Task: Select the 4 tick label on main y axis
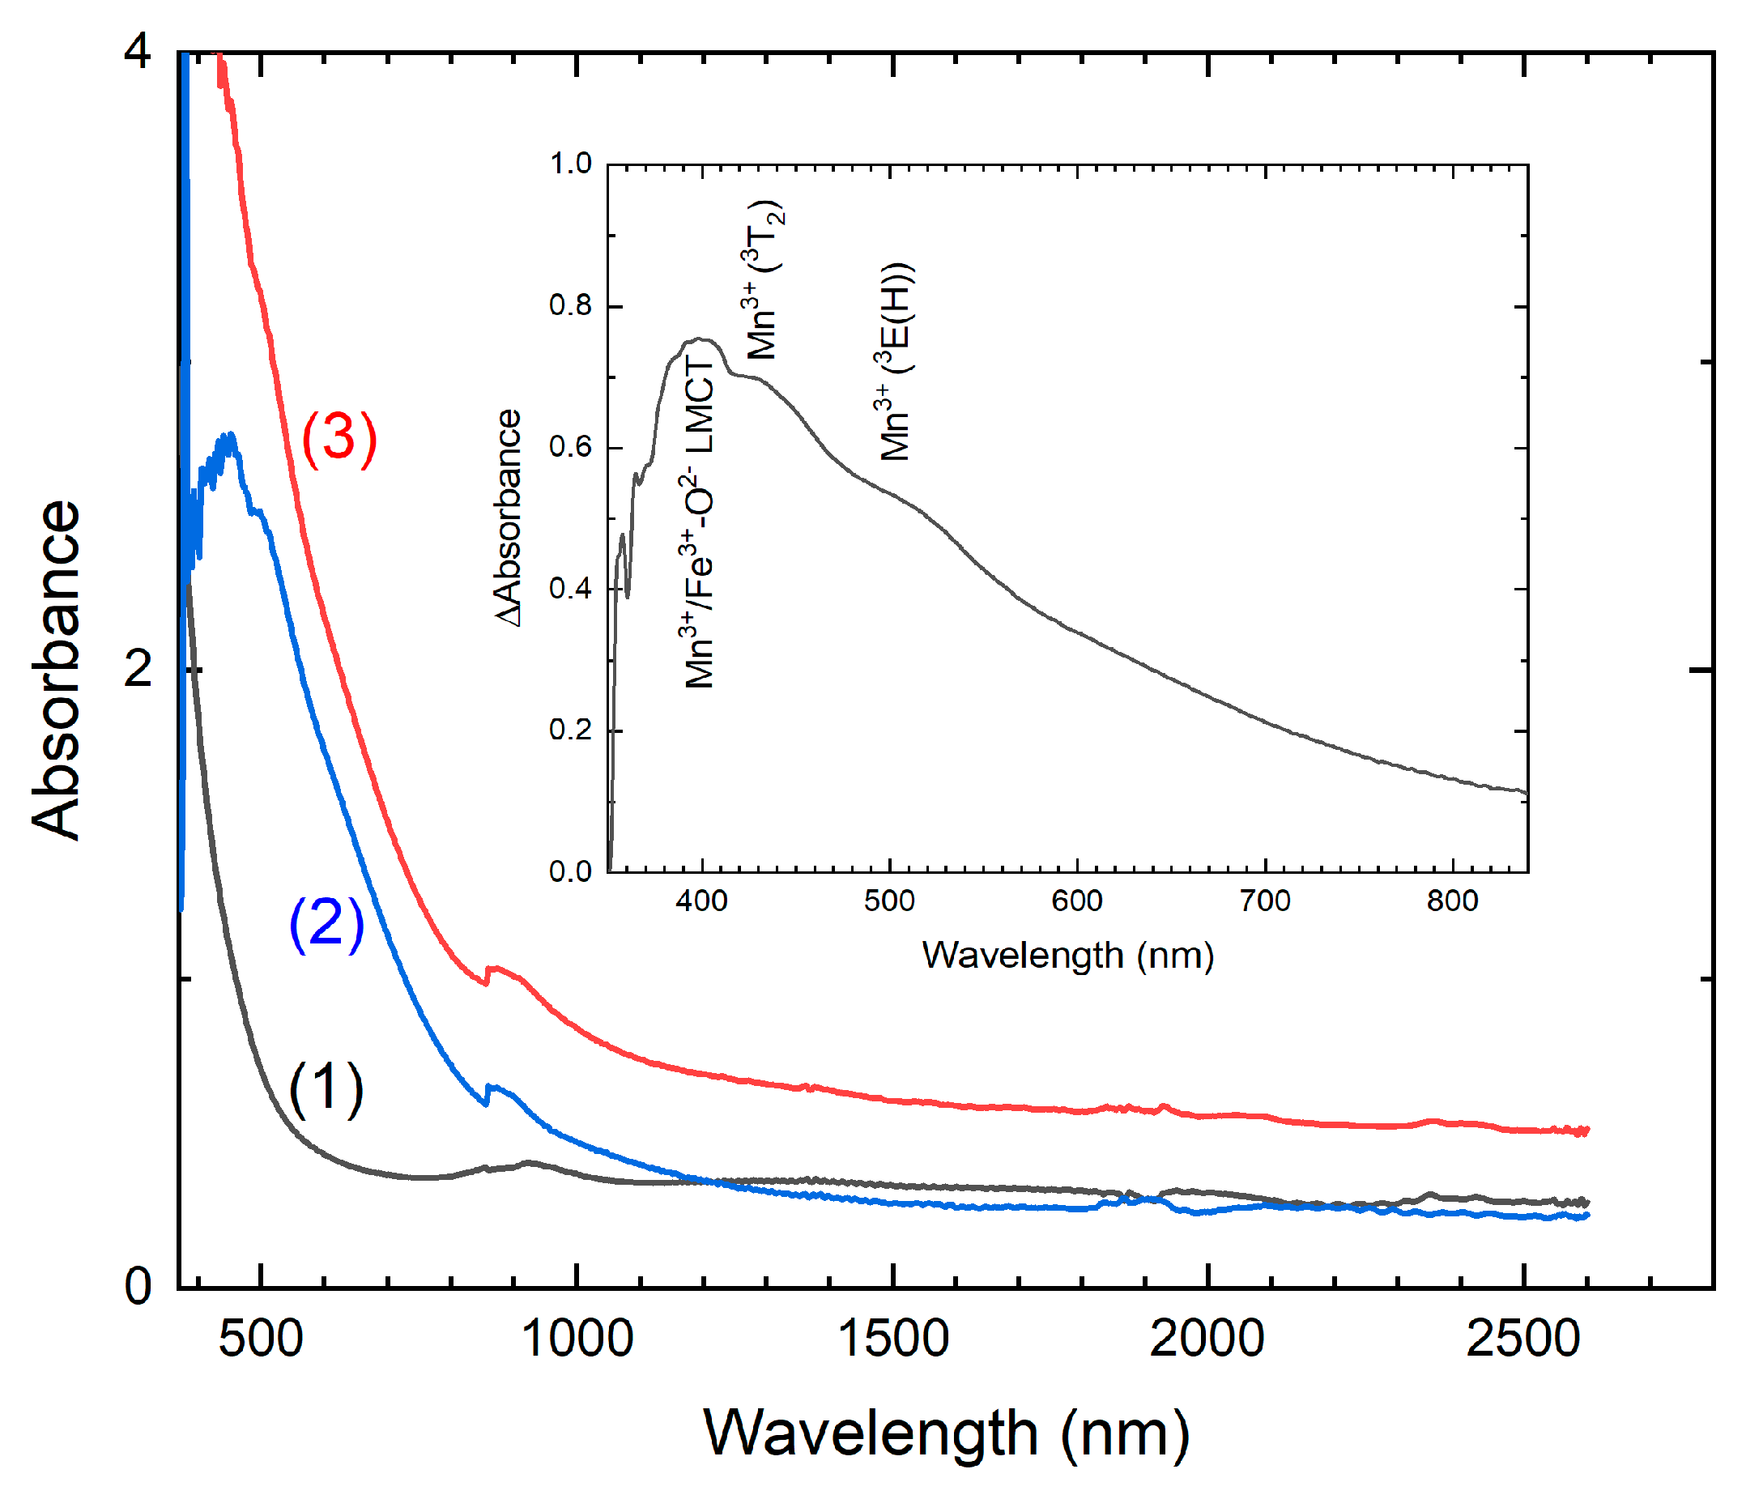[x=138, y=53]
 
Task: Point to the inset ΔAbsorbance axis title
[x=508, y=518]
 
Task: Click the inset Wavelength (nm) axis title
[x=1067, y=956]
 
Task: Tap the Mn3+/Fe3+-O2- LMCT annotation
[x=700, y=521]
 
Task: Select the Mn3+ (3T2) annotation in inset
[x=764, y=280]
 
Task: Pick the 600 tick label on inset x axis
[x=1077, y=901]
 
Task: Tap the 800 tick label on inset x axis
[x=1453, y=901]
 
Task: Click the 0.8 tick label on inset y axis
[x=570, y=305]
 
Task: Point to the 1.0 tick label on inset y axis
[x=570, y=164]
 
